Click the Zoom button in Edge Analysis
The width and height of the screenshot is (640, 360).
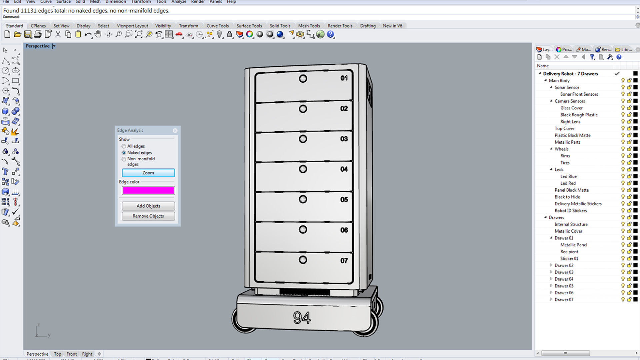[148, 173]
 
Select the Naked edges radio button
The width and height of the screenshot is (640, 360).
[124, 153]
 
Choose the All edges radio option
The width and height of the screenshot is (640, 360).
[124, 146]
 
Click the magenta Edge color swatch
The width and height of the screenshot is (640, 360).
[148, 190]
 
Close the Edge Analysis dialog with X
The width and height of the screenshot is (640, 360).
[175, 131]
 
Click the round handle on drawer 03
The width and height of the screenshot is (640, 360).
[303, 139]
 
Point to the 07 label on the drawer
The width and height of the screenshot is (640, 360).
[344, 261]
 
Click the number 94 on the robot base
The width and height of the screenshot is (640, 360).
[302, 318]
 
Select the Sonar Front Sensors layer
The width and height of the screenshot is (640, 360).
[579, 94]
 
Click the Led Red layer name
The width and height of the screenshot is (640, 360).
[568, 183]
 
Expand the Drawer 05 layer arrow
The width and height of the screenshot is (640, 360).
[551, 286]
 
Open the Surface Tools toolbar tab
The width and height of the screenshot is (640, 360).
[249, 26]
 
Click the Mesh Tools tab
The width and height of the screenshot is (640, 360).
[309, 26]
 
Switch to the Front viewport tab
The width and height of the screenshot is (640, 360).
[71, 354]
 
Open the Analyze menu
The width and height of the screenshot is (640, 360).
[179, 2]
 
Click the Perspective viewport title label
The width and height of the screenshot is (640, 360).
[37, 46]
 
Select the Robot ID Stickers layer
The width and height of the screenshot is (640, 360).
[570, 211]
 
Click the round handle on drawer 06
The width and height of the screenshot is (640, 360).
[303, 230]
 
